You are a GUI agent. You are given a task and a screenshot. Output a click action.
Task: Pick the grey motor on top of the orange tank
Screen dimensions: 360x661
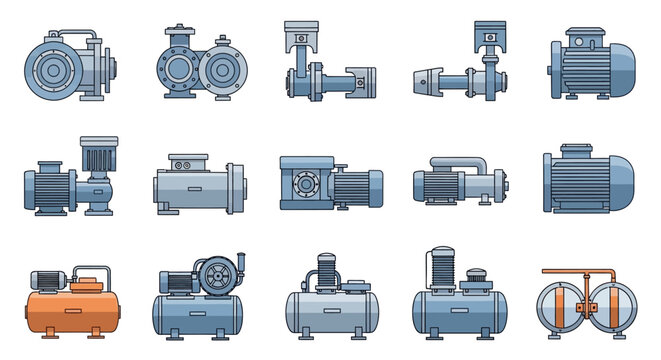(49, 281)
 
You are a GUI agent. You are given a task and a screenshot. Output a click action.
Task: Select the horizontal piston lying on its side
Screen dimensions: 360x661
(361, 78)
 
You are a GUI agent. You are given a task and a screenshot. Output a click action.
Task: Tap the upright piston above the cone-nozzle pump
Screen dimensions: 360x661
(486, 33)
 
